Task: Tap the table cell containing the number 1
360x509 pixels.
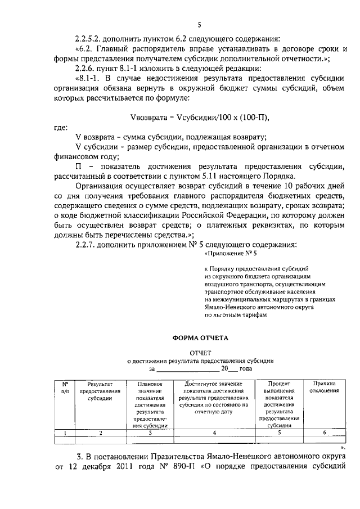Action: pyautogui.click(x=65, y=433)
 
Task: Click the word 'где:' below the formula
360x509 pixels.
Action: pyautogui.click(x=61, y=128)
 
